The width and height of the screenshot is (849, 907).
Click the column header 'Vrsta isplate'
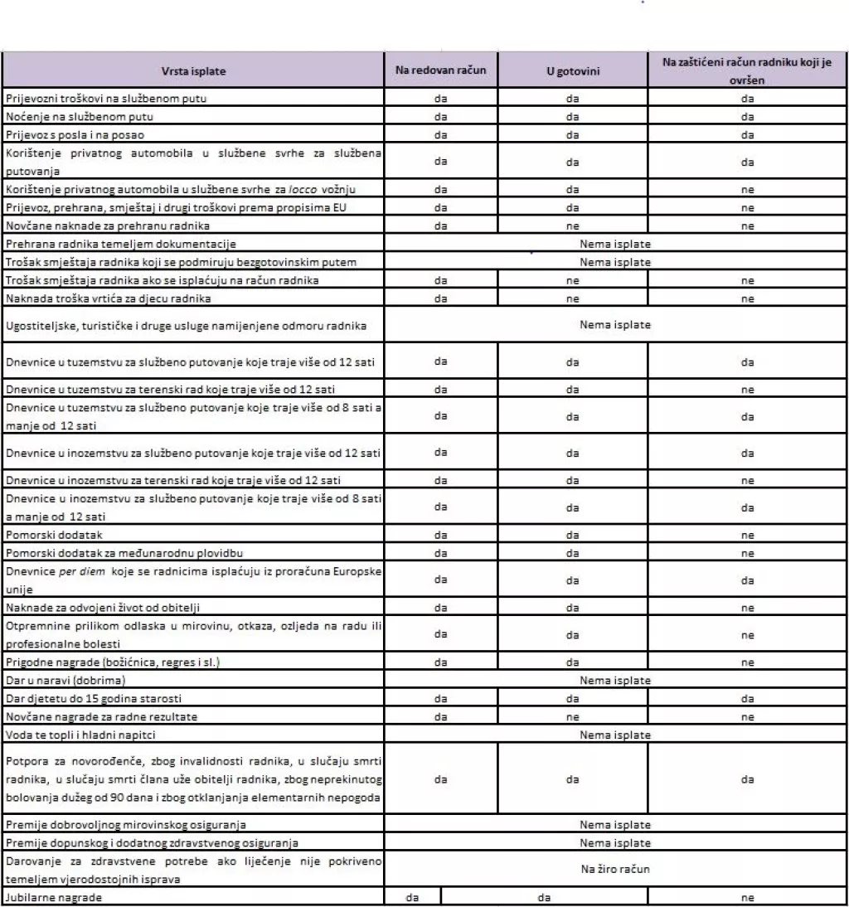pyautogui.click(x=192, y=71)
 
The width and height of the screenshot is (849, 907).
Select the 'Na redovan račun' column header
pyautogui.click(x=440, y=70)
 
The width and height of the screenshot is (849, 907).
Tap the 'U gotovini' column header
pyautogui.click(x=572, y=71)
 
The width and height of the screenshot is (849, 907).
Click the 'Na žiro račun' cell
pyautogui.click(x=614, y=871)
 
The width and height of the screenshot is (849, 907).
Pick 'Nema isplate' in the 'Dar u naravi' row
pyautogui.click(x=614, y=681)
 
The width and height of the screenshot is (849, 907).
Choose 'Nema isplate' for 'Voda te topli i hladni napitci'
pyautogui.click(x=614, y=735)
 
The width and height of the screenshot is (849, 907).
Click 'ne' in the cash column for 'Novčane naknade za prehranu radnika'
pyautogui.click(x=572, y=226)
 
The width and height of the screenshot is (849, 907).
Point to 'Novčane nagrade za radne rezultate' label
pyautogui.click(x=101, y=716)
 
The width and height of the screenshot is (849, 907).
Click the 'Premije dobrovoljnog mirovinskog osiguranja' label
pyautogui.click(x=125, y=825)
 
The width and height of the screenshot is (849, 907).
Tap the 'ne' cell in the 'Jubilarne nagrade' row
pyautogui.click(x=747, y=896)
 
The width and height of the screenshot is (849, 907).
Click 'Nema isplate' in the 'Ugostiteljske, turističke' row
pyautogui.click(x=614, y=324)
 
